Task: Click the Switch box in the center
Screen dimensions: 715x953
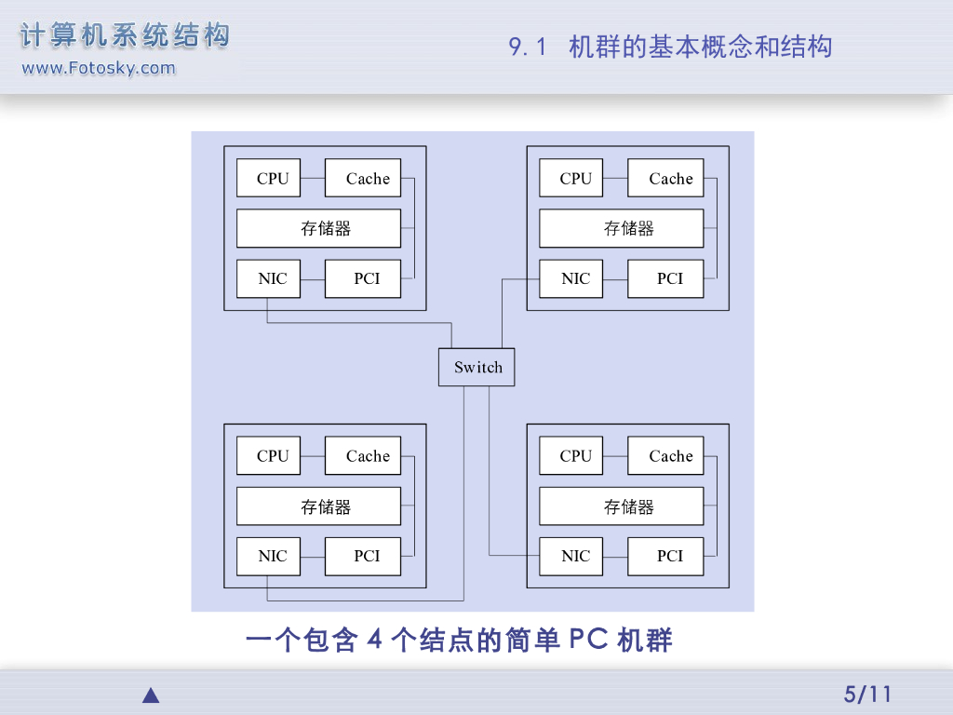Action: tap(476, 367)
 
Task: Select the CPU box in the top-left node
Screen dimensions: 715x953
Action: tap(269, 179)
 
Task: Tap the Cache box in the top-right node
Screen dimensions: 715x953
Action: tap(665, 179)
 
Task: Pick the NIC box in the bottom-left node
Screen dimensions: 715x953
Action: tap(269, 556)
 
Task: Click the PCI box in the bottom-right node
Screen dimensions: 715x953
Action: tap(665, 556)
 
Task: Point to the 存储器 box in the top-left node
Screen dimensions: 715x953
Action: tap(318, 228)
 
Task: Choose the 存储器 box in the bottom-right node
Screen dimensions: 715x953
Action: tap(622, 506)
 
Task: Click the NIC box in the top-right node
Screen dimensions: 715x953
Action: tap(571, 278)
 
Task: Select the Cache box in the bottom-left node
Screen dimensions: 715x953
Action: tap(363, 456)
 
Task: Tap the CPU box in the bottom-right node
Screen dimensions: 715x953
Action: tap(571, 456)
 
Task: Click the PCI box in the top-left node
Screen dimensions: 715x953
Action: tap(363, 278)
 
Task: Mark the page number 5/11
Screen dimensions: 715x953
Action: tap(867, 694)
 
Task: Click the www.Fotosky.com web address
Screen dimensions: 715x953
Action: tap(98, 68)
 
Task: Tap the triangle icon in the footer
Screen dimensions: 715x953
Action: tap(151, 695)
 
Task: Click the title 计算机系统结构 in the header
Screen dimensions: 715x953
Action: tap(125, 36)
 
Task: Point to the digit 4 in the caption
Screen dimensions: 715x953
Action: tap(376, 641)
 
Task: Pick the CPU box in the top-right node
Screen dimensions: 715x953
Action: tap(571, 179)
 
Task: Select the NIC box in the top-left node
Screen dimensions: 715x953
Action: tap(269, 278)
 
